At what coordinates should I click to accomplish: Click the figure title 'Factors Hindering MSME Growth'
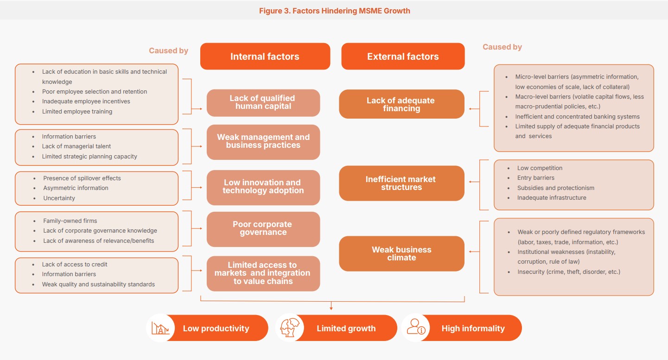point(334,11)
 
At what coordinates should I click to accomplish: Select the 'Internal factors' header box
point(265,57)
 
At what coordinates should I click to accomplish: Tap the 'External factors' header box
point(402,57)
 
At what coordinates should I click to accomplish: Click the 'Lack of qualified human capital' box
point(263,102)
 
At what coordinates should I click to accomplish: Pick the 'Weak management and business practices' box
point(263,141)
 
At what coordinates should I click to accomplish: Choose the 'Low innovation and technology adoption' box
point(263,187)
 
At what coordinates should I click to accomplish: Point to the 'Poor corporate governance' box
point(263,228)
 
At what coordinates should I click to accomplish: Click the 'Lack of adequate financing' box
point(401,104)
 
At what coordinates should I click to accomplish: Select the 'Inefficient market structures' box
point(401,183)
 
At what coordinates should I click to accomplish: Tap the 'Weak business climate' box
point(401,253)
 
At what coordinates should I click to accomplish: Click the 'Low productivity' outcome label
point(216,328)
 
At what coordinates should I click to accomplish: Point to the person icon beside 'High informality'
point(415,328)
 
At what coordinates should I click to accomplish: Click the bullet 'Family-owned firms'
point(70,221)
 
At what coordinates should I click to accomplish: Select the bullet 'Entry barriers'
point(535,178)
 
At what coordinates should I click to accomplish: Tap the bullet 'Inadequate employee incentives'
point(86,101)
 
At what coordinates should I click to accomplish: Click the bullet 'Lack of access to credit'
point(75,265)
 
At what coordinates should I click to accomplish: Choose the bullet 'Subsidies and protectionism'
point(555,188)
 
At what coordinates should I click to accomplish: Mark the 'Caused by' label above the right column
point(502,47)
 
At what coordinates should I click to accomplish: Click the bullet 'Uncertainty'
point(59,198)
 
